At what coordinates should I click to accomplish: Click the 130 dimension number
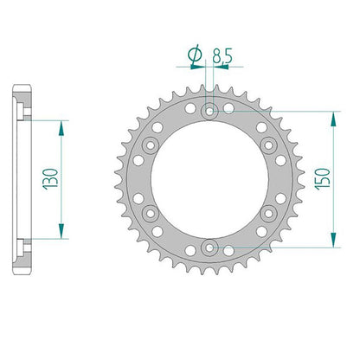tap(51, 179)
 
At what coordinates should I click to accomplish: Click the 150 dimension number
tap(322, 179)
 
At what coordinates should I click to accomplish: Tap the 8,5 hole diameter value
tap(222, 55)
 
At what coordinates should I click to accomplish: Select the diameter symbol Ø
tap(195, 55)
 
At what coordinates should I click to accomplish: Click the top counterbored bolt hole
tap(209, 111)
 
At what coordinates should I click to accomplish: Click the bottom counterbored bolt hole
tap(209, 247)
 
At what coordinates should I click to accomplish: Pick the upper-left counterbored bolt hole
tap(151, 145)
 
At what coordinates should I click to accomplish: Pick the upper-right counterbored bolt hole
tap(268, 145)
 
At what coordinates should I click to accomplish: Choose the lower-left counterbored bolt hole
tap(151, 214)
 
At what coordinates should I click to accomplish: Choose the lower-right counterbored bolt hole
tap(268, 214)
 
